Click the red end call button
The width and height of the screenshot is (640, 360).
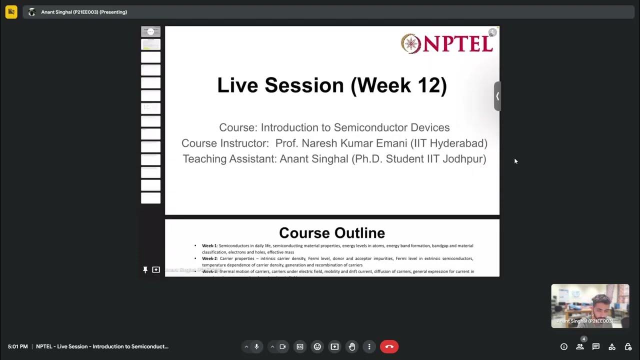tap(389, 346)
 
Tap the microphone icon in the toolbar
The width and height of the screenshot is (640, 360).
tap(256, 346)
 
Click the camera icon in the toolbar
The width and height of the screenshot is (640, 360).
tap(282, 346)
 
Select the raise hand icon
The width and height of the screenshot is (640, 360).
tap(352, 346)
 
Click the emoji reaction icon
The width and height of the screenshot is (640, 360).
tap(317, 346)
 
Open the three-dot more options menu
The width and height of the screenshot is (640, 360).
tap(369, 346)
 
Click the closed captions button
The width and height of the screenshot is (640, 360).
tap(300, 346)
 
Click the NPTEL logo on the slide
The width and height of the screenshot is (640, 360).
tap(446, 43)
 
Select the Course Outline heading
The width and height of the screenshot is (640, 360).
tap(331, 233)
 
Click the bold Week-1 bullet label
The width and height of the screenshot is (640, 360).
tap(209, 246)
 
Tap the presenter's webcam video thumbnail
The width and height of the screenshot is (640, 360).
tap(590, 306)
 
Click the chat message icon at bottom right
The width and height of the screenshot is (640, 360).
tap(596, 346)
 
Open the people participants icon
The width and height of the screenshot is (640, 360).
tap(580, 346)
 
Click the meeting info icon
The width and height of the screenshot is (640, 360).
tap(564, 346)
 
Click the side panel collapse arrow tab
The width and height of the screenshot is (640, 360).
tap(497, 96)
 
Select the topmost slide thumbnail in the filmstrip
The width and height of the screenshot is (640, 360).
tap(150, 31)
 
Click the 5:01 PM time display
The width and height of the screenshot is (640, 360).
tap(17, 346)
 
